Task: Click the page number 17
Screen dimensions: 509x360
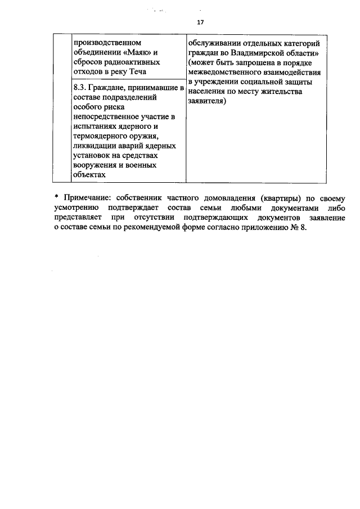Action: coord(200,22)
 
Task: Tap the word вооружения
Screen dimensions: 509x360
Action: coord(96,165)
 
